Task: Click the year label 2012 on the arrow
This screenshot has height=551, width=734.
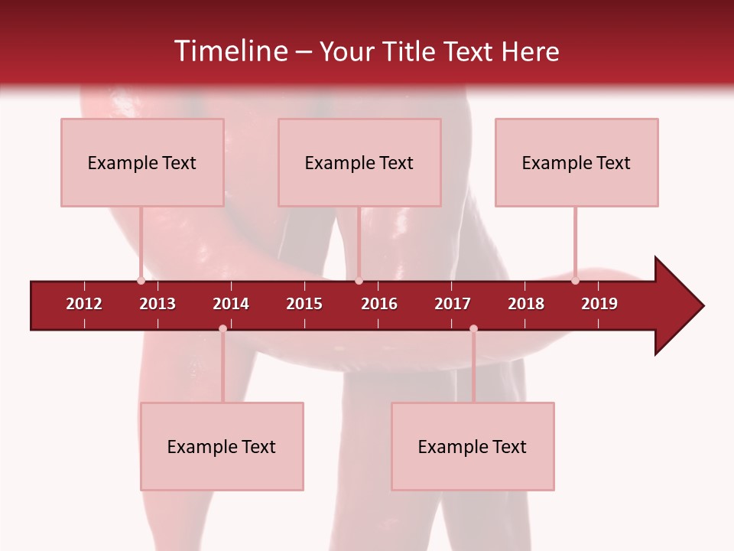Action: tap(84, 304)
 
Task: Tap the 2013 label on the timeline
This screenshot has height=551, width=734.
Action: tap(158, 304)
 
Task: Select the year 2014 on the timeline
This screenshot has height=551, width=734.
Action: tap(231, 304)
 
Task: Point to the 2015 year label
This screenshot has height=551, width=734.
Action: tap(304, 304)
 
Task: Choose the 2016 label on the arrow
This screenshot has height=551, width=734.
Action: tap(379, 304)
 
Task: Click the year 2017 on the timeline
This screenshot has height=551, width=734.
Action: tap(453, 304)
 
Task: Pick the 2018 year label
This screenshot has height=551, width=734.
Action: tap(526, 304)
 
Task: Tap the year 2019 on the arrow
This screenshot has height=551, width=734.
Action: tap(599, 304)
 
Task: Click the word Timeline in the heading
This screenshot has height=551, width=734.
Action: tap(230, 51)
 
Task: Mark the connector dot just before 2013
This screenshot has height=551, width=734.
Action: tap(141, 281)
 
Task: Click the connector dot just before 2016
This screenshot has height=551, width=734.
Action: tap(359, 281)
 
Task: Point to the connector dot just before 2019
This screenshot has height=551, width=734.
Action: tap(575, 281)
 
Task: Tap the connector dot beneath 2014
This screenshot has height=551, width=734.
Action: tap(222, 329)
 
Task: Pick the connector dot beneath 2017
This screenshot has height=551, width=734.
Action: tap(473, 329)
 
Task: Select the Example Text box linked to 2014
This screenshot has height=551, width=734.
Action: tap(222, 446)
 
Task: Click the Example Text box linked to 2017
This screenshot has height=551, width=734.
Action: tap(473, 446)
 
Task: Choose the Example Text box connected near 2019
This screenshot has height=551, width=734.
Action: tap(576, 162)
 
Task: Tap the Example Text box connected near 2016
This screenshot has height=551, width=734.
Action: tap(359, 162)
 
